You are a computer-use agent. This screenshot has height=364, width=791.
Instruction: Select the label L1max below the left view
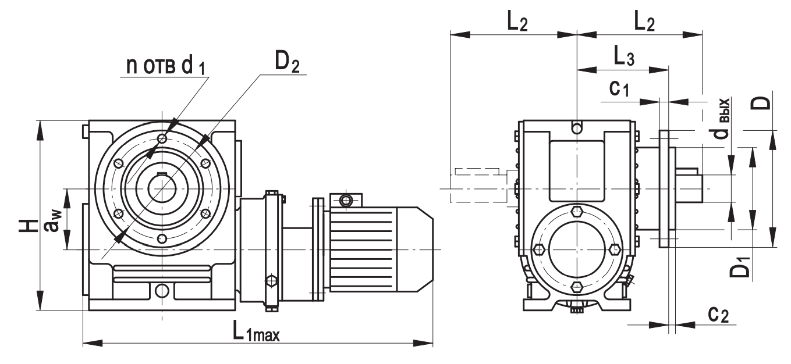click(256, 332)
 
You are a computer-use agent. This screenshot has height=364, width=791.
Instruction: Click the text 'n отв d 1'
click(169, 66)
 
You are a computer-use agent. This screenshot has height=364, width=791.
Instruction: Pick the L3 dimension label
click(623, 56)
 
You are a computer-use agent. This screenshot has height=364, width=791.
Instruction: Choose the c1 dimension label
click(618, 88)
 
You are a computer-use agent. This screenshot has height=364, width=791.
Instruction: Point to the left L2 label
click(517, 22)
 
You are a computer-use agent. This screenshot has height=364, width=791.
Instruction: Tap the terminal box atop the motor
click(346, 201)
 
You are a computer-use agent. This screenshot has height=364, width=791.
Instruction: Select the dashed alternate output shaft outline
click(476, 186)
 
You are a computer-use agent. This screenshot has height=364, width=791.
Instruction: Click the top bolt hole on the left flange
click(162, 139)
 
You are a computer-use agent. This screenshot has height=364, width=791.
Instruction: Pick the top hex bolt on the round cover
click(576, 211)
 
